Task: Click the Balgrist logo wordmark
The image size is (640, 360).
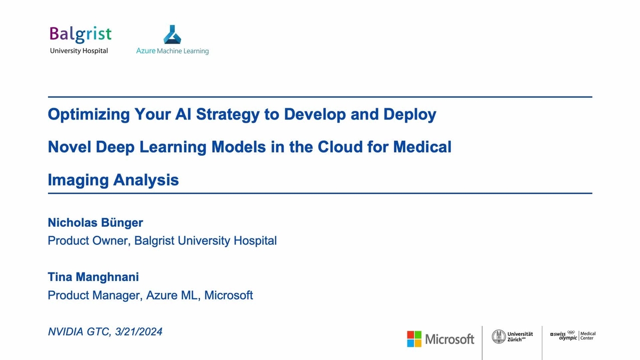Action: [x=80, y=34]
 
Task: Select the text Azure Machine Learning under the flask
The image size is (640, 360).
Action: [x=172, y=51]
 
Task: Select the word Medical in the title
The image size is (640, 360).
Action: [x=422, y=147]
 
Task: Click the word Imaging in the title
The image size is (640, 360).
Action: [x=77, y=180]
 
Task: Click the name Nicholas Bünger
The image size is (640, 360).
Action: [x=95, y=222]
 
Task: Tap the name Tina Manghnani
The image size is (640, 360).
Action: [x=93, y=277]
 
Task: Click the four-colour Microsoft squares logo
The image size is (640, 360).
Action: [x=414, y=338]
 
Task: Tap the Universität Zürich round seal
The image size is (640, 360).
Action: [x=499, y=336]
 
